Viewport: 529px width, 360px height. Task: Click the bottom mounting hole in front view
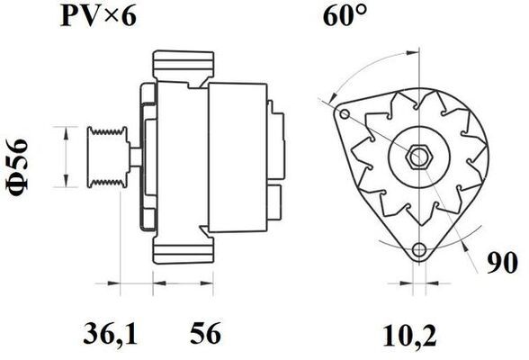pos(417,252)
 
